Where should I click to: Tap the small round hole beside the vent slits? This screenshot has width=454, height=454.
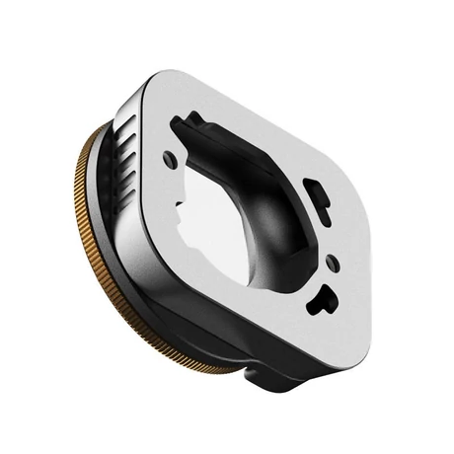click(171, 159)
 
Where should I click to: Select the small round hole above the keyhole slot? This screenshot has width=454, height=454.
click(333, 264)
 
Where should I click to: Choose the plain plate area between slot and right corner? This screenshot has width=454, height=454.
click(350, 212)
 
